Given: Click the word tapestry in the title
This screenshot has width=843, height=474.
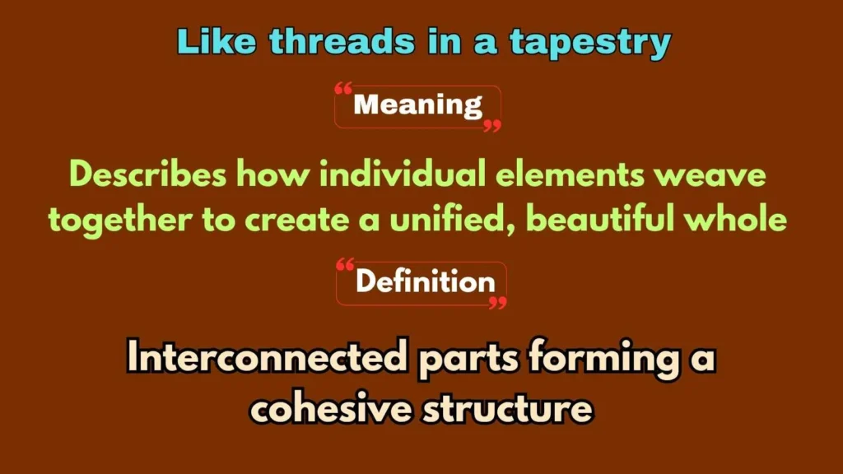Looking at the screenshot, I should point(589,42).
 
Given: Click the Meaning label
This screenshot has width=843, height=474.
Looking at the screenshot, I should point(417,105).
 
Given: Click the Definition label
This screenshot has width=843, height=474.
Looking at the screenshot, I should point(425,282).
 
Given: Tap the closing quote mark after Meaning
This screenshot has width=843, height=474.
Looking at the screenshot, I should point(492,125).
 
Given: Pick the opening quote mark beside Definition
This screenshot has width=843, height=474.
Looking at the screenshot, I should point(346,266).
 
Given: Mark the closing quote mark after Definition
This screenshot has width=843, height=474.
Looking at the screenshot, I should point(497,303).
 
